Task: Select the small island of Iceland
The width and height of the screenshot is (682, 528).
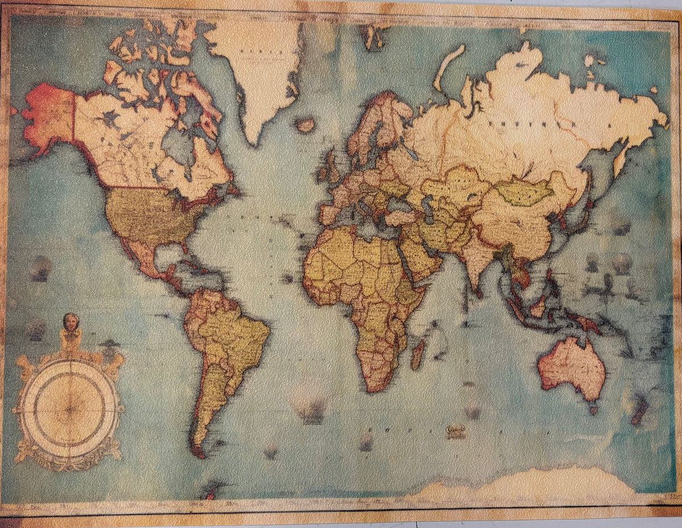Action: click(306, 125)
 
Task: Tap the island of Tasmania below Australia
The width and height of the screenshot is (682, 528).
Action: click(593, 408)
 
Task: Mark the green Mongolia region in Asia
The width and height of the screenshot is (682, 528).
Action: click(524, 192)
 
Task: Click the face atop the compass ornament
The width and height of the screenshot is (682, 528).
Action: click(71, 322)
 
